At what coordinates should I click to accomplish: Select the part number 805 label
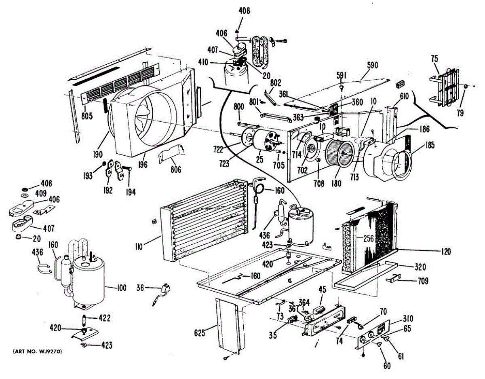pos(87,116)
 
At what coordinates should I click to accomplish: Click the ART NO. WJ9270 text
pos(37,352)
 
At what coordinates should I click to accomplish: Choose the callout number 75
pos(434,58)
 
